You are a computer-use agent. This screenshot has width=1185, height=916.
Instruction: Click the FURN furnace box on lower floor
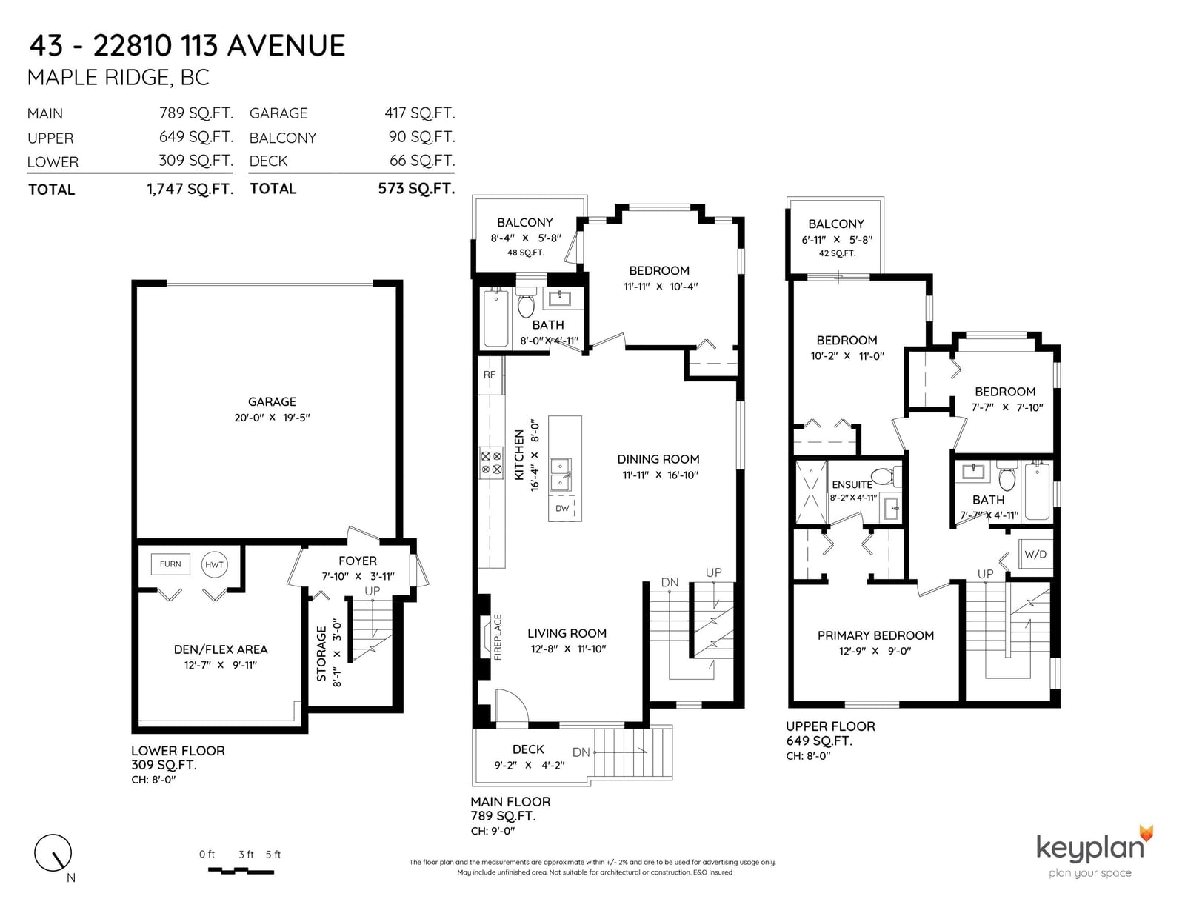[170, 564]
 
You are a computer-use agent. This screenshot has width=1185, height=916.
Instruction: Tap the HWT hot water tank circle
[214, 564]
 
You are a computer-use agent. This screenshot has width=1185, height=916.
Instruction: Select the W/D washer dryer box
[1035, 555]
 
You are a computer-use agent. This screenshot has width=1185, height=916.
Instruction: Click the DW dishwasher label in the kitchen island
[562, 508]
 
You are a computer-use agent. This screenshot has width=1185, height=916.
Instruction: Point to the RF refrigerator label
[489, 375]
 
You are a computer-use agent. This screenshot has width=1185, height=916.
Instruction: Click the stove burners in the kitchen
[491, 462]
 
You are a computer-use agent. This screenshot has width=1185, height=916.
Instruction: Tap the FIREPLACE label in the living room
[498, 637]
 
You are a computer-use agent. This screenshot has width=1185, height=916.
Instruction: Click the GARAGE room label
[272, 402]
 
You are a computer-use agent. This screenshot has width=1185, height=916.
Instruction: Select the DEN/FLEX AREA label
[220, 649]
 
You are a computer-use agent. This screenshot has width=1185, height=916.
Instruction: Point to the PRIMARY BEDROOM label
[875, 635]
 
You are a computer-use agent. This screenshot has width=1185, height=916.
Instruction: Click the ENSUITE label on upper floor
[852, 484]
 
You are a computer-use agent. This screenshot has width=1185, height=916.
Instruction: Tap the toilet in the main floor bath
[526, 304]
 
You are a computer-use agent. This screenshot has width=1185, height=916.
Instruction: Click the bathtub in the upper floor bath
[1037, 491]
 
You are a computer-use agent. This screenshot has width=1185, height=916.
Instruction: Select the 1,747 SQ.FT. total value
[190, 189]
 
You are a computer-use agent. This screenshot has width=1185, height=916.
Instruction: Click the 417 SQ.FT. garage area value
[419, 113]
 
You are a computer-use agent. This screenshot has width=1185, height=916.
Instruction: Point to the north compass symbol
[53, 853]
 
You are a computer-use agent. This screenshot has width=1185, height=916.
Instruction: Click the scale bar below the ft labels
[241, 871]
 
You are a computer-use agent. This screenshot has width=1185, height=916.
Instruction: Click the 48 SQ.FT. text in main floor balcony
[526, 253]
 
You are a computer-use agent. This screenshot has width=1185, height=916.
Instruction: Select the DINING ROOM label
[658, 459]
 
